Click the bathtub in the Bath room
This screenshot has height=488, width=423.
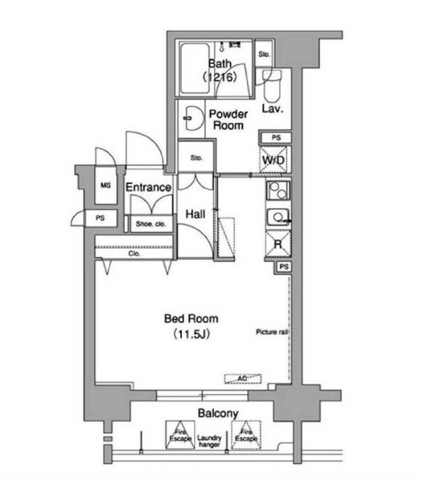coord(194,68)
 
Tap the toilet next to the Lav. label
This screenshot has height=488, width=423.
coord(272,86)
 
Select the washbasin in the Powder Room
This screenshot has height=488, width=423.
coord(193,118)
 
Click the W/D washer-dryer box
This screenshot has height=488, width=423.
coord(273,160)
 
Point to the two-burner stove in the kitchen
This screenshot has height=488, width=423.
coord(278,190)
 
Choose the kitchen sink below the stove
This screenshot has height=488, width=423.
coord(278,217)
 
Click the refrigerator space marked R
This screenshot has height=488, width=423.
coord(278,244)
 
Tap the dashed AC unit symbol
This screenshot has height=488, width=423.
coord(243,379)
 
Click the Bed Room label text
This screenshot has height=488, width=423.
coord(191,319)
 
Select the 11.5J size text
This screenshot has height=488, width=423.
coord(192,335)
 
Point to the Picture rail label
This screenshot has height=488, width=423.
coord(272,332)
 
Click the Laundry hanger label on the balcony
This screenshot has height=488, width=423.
coord(209,441)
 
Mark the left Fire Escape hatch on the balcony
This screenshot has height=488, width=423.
coord(180,435)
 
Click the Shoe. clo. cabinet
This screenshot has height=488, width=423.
coord(151,224)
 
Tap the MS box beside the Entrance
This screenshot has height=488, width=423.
coord(106,185)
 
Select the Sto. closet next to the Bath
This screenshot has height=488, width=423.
coord(264,54)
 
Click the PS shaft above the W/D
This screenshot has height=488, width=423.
coord(275,137)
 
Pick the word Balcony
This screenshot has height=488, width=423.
coord(218,413)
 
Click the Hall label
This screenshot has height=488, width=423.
coord(195,214)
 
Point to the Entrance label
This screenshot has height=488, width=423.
coord(148,188)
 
